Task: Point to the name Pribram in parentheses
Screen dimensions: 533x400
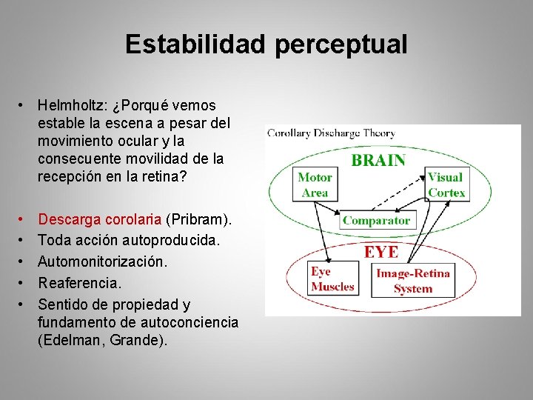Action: tap(198, 219)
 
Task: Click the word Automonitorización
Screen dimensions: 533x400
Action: tap(103, 261)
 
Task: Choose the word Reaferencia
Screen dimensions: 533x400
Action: tap(79, 283)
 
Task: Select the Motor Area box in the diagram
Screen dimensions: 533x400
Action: tap(315, 184)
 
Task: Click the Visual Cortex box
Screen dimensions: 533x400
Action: tap(446, 184)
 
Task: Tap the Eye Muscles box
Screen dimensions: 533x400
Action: tap(332, 279)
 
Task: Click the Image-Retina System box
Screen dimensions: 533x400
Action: tap(412, 281)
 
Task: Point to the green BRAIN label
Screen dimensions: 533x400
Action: tap(378, 160)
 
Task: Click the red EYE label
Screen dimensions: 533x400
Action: tap(381, 252)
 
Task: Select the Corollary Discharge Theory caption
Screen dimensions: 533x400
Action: tap(331, 133)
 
